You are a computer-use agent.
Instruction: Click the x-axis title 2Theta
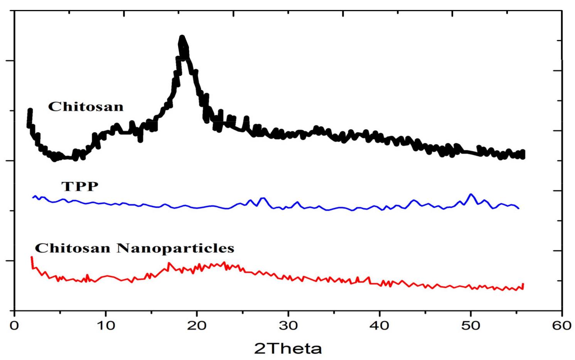click(x=288, y=349)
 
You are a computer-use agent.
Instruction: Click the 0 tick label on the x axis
click(x=15, y=326)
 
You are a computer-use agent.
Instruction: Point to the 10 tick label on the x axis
click(x=106, y=326)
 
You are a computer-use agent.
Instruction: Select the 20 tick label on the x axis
click(x=197, y=326)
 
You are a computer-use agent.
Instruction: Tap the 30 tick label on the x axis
click(x=288, y=326)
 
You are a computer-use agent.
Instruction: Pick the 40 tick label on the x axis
click(x=379, y=326)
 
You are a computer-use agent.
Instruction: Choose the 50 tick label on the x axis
click(x=470, y=326)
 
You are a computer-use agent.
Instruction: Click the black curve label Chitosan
click(x=86, y=106)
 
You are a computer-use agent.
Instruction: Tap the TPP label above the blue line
click(x=80, y=187)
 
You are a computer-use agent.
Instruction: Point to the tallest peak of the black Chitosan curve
click(x=182, y=37)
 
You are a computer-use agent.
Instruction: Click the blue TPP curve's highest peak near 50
click(x=470, y=194)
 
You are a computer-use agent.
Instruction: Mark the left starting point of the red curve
click(x=32, y=257)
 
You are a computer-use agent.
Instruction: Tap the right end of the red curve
click(x=523, y=284)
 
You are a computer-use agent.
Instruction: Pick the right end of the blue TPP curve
click(x=519, y=209)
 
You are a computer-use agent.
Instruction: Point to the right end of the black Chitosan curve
click(x=523, y=154)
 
